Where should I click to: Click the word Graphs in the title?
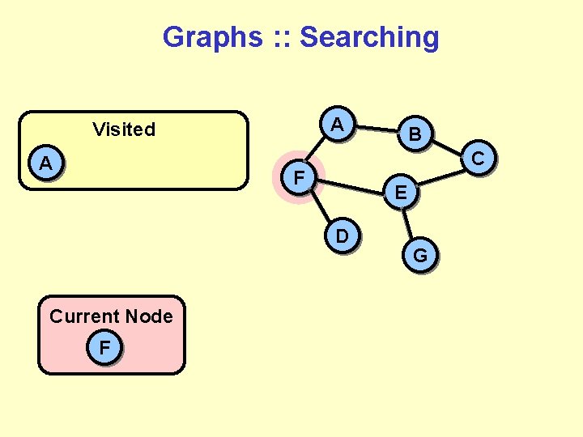[212, 37]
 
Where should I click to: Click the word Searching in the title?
[369, 37]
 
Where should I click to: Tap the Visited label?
[124, 129]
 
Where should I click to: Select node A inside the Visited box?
[47, 163]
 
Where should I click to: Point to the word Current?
[83, 316]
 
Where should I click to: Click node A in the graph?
[338, 125]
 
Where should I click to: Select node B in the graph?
[415, 134]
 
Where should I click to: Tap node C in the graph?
[478, 159]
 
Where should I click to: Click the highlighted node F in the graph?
[300, 176]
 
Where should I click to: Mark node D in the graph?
[343, 236]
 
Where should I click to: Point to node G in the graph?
[420, 257]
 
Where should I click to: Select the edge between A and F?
[318, 151]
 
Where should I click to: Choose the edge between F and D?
[321, 206]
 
